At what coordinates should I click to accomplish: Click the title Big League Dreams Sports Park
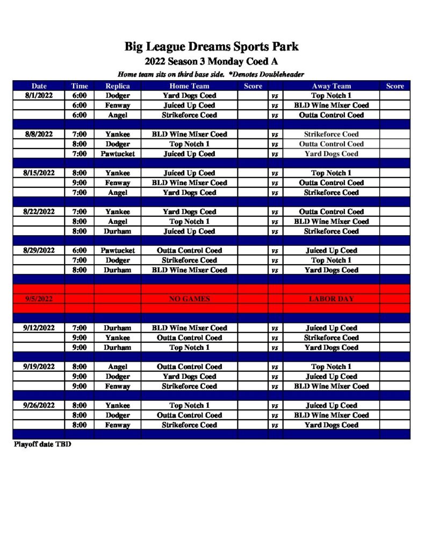coord(212,47)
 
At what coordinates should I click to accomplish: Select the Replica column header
coord(118,86)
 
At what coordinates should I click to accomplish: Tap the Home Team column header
coord(189,86)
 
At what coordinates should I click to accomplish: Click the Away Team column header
coord(331,86)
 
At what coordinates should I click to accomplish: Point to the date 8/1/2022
coord(39,96)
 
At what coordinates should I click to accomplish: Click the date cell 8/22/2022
coord(39,212)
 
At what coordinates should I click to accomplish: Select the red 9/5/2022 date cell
coord(39,299)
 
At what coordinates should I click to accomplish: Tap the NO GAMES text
coord(189,299)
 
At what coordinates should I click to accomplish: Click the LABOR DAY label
coord(331,299)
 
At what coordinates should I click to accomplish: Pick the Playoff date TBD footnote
coord(42,445)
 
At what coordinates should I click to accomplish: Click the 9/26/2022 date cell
coord(39,406)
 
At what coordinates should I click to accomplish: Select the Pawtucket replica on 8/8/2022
coord(118,154)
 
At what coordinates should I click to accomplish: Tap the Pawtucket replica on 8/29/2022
coord(118,251)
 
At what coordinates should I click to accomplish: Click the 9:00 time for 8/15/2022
coord(80,183)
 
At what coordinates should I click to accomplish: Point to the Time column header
coord(80,86)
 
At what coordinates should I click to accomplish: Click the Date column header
coord(39,86)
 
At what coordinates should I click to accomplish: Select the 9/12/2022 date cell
coord(39,328)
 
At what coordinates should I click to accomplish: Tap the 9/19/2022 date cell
coord(39,367)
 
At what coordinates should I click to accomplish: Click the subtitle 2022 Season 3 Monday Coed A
coord(212,62)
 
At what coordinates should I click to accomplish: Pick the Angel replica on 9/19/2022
coord(118,367)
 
